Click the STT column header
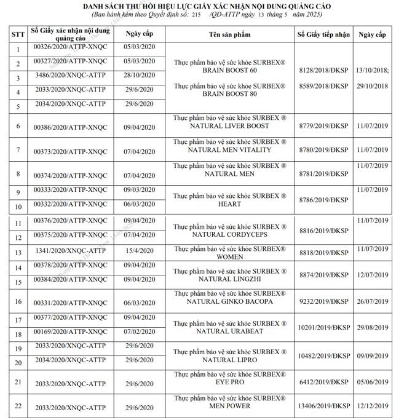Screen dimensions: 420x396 [x=18, y=35]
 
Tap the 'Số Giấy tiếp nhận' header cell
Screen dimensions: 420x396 [x=323, y=34]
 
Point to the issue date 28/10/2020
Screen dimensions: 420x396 [x=140, y=77]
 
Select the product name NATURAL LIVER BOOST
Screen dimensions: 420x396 [x=229, y=125]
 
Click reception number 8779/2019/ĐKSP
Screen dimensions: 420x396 [x=323, y=126]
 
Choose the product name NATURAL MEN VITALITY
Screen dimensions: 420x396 [x=229, y=149]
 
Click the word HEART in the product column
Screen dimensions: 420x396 [x=229, y=204]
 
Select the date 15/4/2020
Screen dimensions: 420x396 [x=140, y=252]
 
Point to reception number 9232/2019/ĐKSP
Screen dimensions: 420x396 [x=323, y=301]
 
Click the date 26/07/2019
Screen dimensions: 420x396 [x=373, y=301]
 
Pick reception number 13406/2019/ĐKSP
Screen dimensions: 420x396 [x=323, y=407]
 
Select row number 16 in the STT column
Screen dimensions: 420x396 [x=18, y=301]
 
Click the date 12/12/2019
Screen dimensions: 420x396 [x=373, y=407]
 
